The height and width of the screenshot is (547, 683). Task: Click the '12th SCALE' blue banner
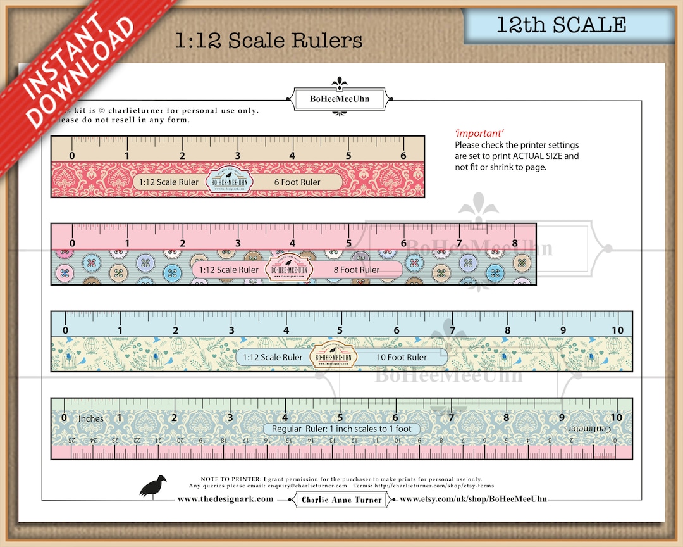(562, 25)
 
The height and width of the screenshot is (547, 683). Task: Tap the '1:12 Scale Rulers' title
(269, 41)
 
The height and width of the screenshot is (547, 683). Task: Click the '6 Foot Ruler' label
(297, 182)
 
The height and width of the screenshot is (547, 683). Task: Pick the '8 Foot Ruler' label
(357, 270)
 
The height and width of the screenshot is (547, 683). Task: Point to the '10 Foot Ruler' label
(402, 357)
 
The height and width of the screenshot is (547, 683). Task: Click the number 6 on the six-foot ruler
(403, 156)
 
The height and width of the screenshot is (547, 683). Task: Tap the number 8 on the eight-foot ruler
(514, 243)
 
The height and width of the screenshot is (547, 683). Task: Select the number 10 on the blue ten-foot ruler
(617, 330)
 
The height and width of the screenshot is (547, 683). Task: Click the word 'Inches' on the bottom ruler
(91, 418)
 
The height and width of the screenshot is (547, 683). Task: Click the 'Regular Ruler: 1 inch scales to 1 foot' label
(341, 429)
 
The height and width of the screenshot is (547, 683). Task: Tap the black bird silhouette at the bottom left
(153, 487)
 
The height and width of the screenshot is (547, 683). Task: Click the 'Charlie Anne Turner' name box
(341, 500)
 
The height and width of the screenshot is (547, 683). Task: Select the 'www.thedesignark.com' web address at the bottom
(225, 499)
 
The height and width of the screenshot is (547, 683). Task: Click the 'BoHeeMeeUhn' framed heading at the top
(340, 99)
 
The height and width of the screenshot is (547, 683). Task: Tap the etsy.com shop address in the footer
(473, 499)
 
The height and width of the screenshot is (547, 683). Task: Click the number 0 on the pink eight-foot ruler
(71, 243)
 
